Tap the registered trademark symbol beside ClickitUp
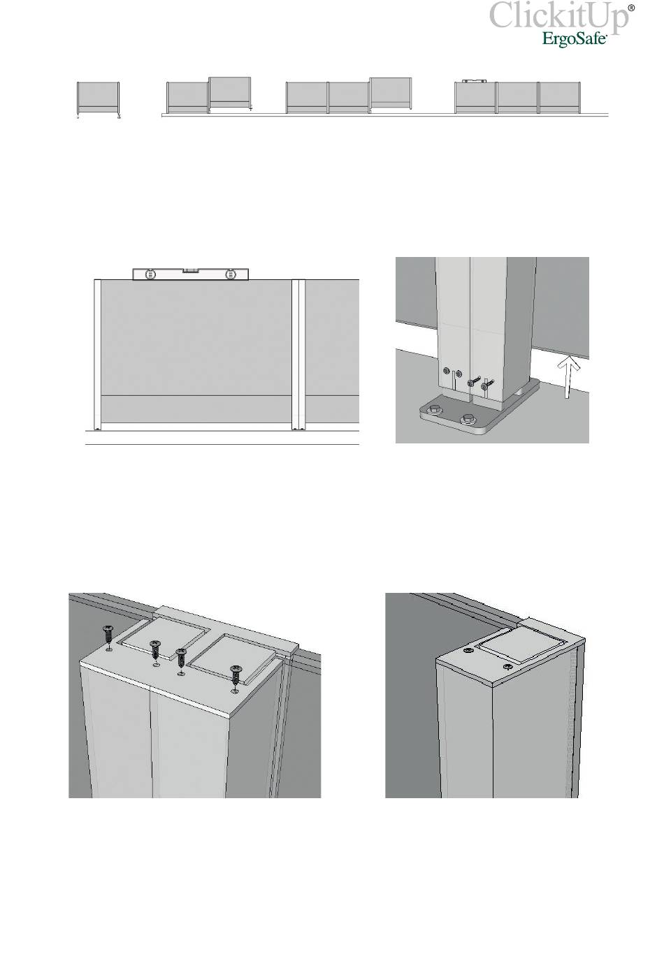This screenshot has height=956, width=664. (x=631, y=8)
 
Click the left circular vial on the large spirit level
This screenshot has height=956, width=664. (x=151, y=274)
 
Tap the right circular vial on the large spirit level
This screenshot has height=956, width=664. (x=231, y=274)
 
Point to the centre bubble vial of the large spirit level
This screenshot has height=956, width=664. (x=191, y=270)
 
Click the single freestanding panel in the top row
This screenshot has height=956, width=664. (x=98, y=98)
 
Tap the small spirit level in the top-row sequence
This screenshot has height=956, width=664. (x=475, y=80)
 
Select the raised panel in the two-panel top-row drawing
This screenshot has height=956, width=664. (x=230, y=93)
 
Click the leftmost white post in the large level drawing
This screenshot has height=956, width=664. (x=97, y=355)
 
